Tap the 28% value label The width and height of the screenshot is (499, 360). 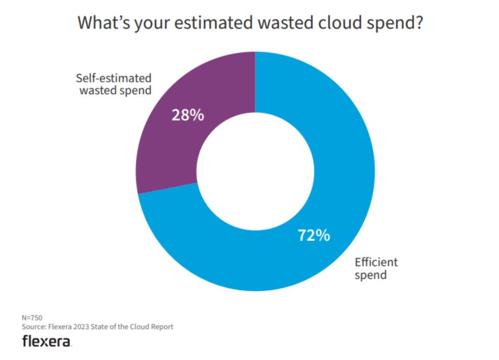pos(187,115)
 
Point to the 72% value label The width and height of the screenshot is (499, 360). pos(313,236)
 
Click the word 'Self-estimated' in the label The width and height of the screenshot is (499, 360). pos(114,78)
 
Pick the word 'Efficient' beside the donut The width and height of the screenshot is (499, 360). pos(376,263)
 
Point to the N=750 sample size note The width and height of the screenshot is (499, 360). pos(32,318)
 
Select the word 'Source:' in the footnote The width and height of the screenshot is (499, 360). pos(33,327)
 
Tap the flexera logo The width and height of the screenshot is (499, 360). pos(46,342)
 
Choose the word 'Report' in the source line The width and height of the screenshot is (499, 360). pos(161,327)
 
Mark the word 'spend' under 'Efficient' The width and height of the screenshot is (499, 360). pos(370,275)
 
